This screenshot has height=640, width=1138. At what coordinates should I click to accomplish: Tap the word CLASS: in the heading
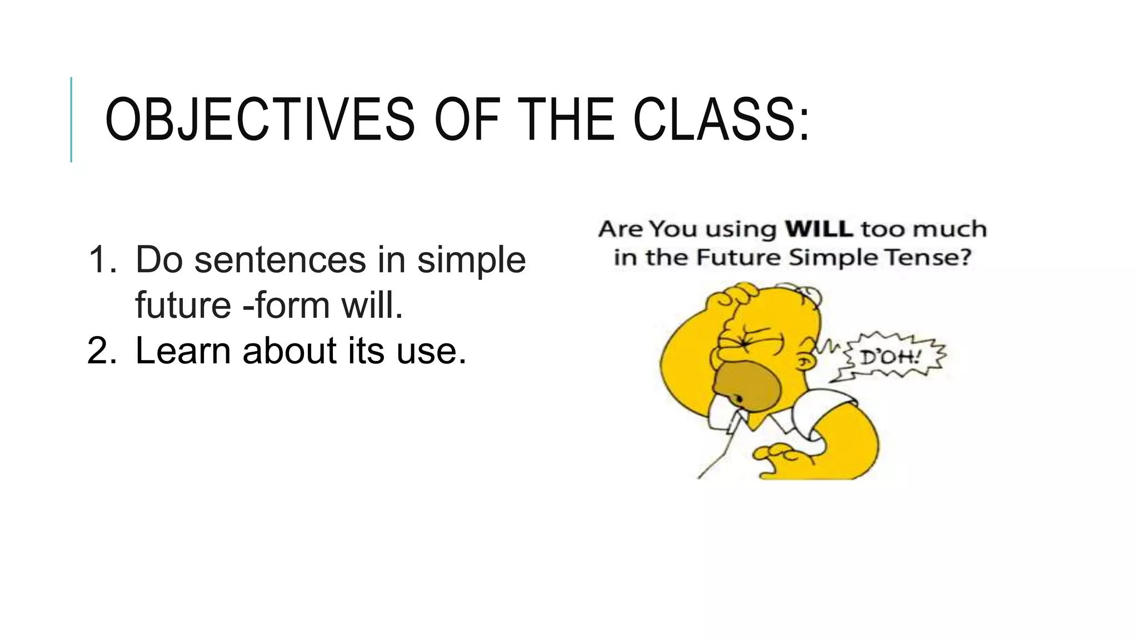(721, 120)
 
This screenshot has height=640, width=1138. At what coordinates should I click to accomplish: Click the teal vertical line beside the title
(71, 119)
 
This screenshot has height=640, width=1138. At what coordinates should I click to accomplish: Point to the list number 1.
(102, 260)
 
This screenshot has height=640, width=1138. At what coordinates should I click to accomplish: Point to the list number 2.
(102, 351)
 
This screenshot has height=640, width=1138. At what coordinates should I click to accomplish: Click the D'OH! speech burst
(891, 357)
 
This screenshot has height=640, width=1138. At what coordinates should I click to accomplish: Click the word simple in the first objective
(471, 260)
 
